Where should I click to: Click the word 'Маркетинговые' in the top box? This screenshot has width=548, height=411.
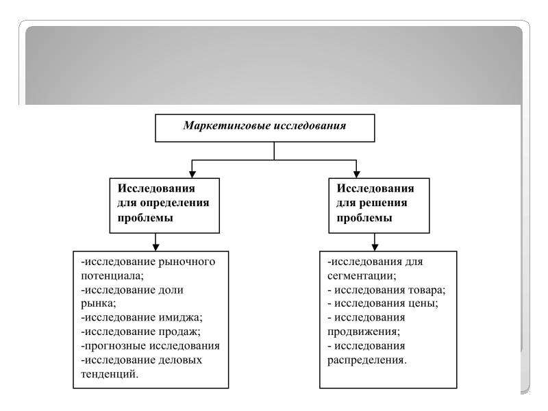pyautogui.click(x=225, y=126)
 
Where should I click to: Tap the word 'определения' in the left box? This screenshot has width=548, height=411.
pyautogui.click(x=174, y=203)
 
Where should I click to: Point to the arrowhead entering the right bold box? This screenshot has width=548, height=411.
pyautogui.click(x=356, y=173)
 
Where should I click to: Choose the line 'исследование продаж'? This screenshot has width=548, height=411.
pyautogui.click(x=144, y=332)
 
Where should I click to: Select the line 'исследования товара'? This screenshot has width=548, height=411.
pyautogui.click(x=388, y=290)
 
